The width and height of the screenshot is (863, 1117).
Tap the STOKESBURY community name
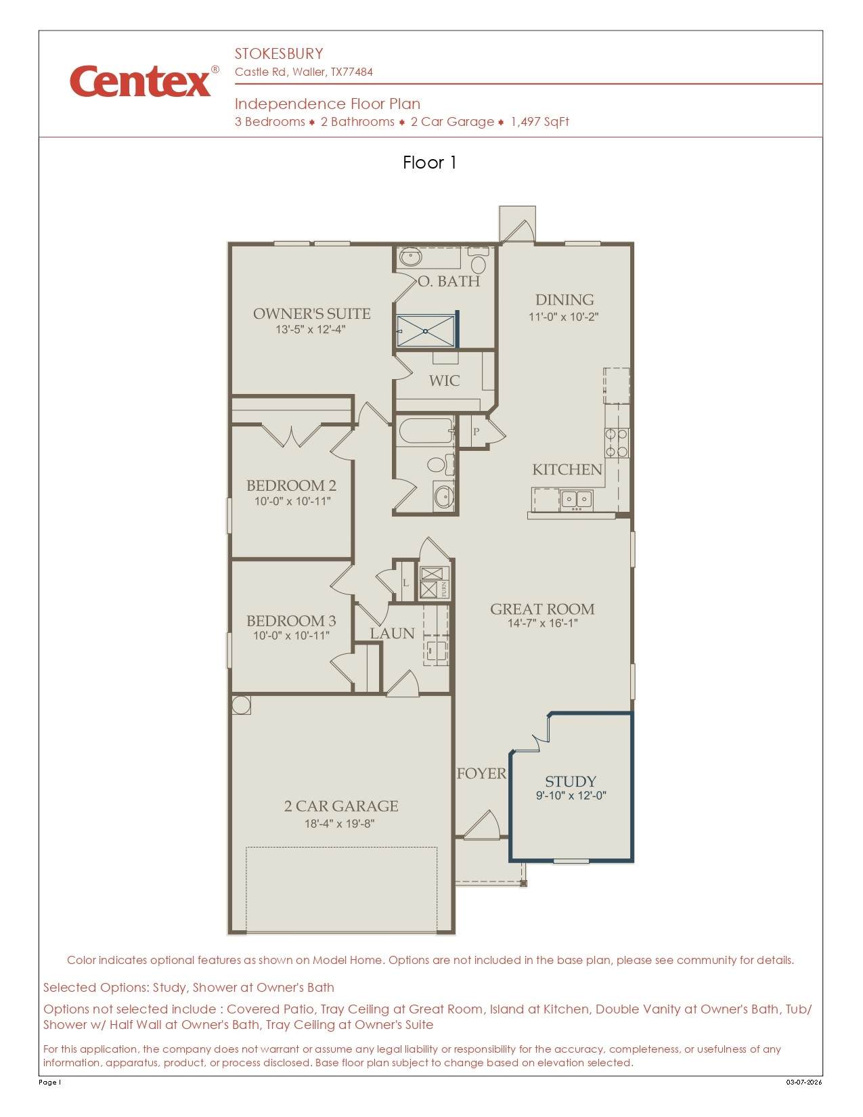(279, 54)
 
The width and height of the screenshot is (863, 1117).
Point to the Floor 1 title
(430, 162)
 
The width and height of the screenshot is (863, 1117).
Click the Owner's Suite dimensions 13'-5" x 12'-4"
(311, 329)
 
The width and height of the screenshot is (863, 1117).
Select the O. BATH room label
(449, 281)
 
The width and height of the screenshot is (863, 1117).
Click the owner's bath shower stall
(426, 331)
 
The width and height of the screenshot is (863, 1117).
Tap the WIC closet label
(444, 381)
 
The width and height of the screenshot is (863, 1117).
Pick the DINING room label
(565, 300)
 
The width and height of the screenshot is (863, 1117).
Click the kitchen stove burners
(616, 443)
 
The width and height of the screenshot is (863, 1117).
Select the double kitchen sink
(576, 499)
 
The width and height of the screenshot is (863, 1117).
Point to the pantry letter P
(476, 432)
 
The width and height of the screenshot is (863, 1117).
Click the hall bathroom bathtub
(425, 431)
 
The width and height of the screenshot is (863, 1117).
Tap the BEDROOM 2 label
(291, 485)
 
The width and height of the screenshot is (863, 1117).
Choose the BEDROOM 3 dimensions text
(291, 636)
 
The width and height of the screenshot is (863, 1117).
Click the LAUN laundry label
(392, 633)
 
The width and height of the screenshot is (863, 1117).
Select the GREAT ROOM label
(542, 609)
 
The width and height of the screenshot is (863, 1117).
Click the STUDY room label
(570, 781)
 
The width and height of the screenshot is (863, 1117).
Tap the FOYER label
(481, 773)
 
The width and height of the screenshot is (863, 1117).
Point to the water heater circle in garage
(240, 705)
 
